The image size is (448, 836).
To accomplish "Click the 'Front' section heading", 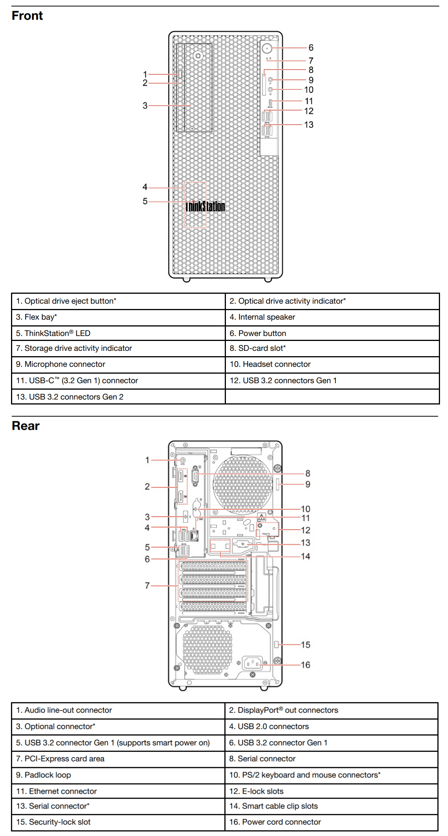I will point(27,16).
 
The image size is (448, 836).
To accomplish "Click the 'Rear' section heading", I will point(25,426).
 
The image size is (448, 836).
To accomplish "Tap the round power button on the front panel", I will point(267,48).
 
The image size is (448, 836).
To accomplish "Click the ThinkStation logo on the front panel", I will point(205,206).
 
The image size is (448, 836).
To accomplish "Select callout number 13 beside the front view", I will point(308,125).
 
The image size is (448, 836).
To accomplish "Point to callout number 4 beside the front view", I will point(145,187).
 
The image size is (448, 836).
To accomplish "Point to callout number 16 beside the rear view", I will point(305,665).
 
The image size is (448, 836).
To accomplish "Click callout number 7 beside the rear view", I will point(147,586).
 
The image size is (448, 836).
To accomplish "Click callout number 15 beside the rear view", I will point(305,645).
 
